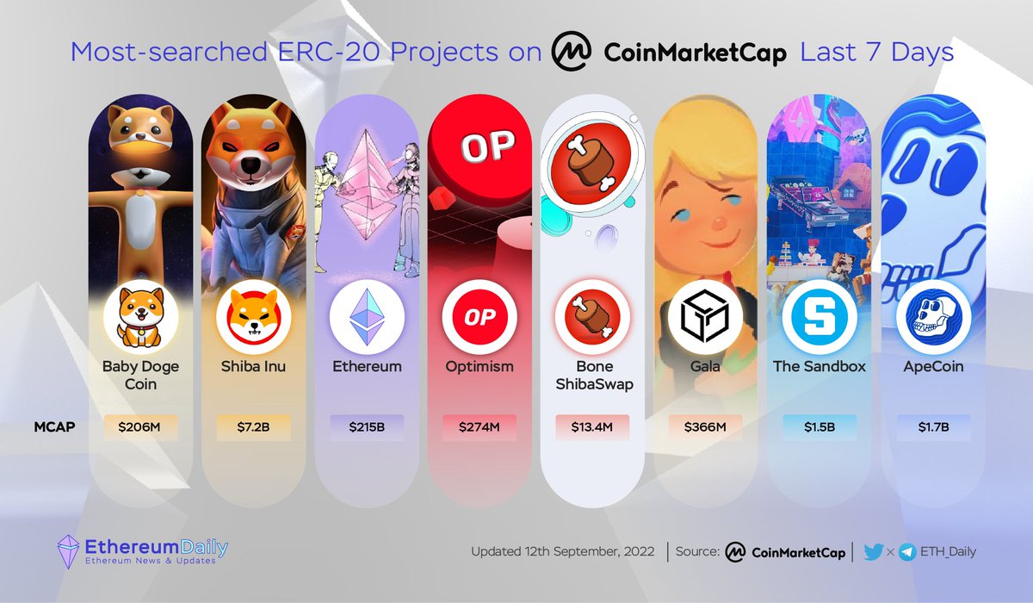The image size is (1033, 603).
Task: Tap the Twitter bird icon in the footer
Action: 874,552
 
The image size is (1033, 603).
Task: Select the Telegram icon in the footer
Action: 906,552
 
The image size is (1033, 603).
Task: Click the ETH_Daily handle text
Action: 948,552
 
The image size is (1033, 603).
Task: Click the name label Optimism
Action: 479,366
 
